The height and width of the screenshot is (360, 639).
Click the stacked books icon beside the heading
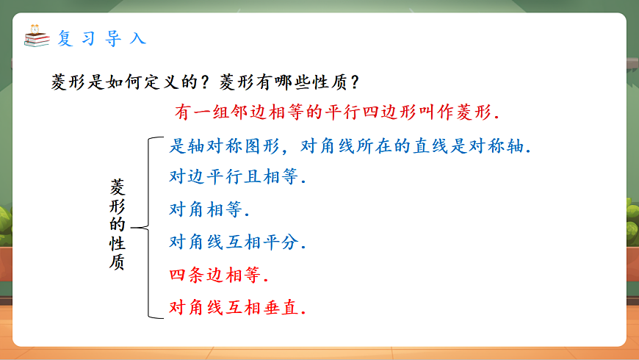coord(37,37)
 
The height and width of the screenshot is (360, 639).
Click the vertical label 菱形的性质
coord(118,225)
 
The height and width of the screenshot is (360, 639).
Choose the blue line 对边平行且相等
coord(237,177)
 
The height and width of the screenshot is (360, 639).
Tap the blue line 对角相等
coord(209,209)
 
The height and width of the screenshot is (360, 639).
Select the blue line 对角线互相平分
coord(237,242)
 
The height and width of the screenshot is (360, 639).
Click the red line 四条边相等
coord(218,276)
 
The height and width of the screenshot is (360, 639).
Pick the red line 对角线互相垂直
coord(237,307)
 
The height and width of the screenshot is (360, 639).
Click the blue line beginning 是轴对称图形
coord(350,145)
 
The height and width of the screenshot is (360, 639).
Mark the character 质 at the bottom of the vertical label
coord(118,262)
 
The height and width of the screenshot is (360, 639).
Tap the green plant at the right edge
coord(632,220)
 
